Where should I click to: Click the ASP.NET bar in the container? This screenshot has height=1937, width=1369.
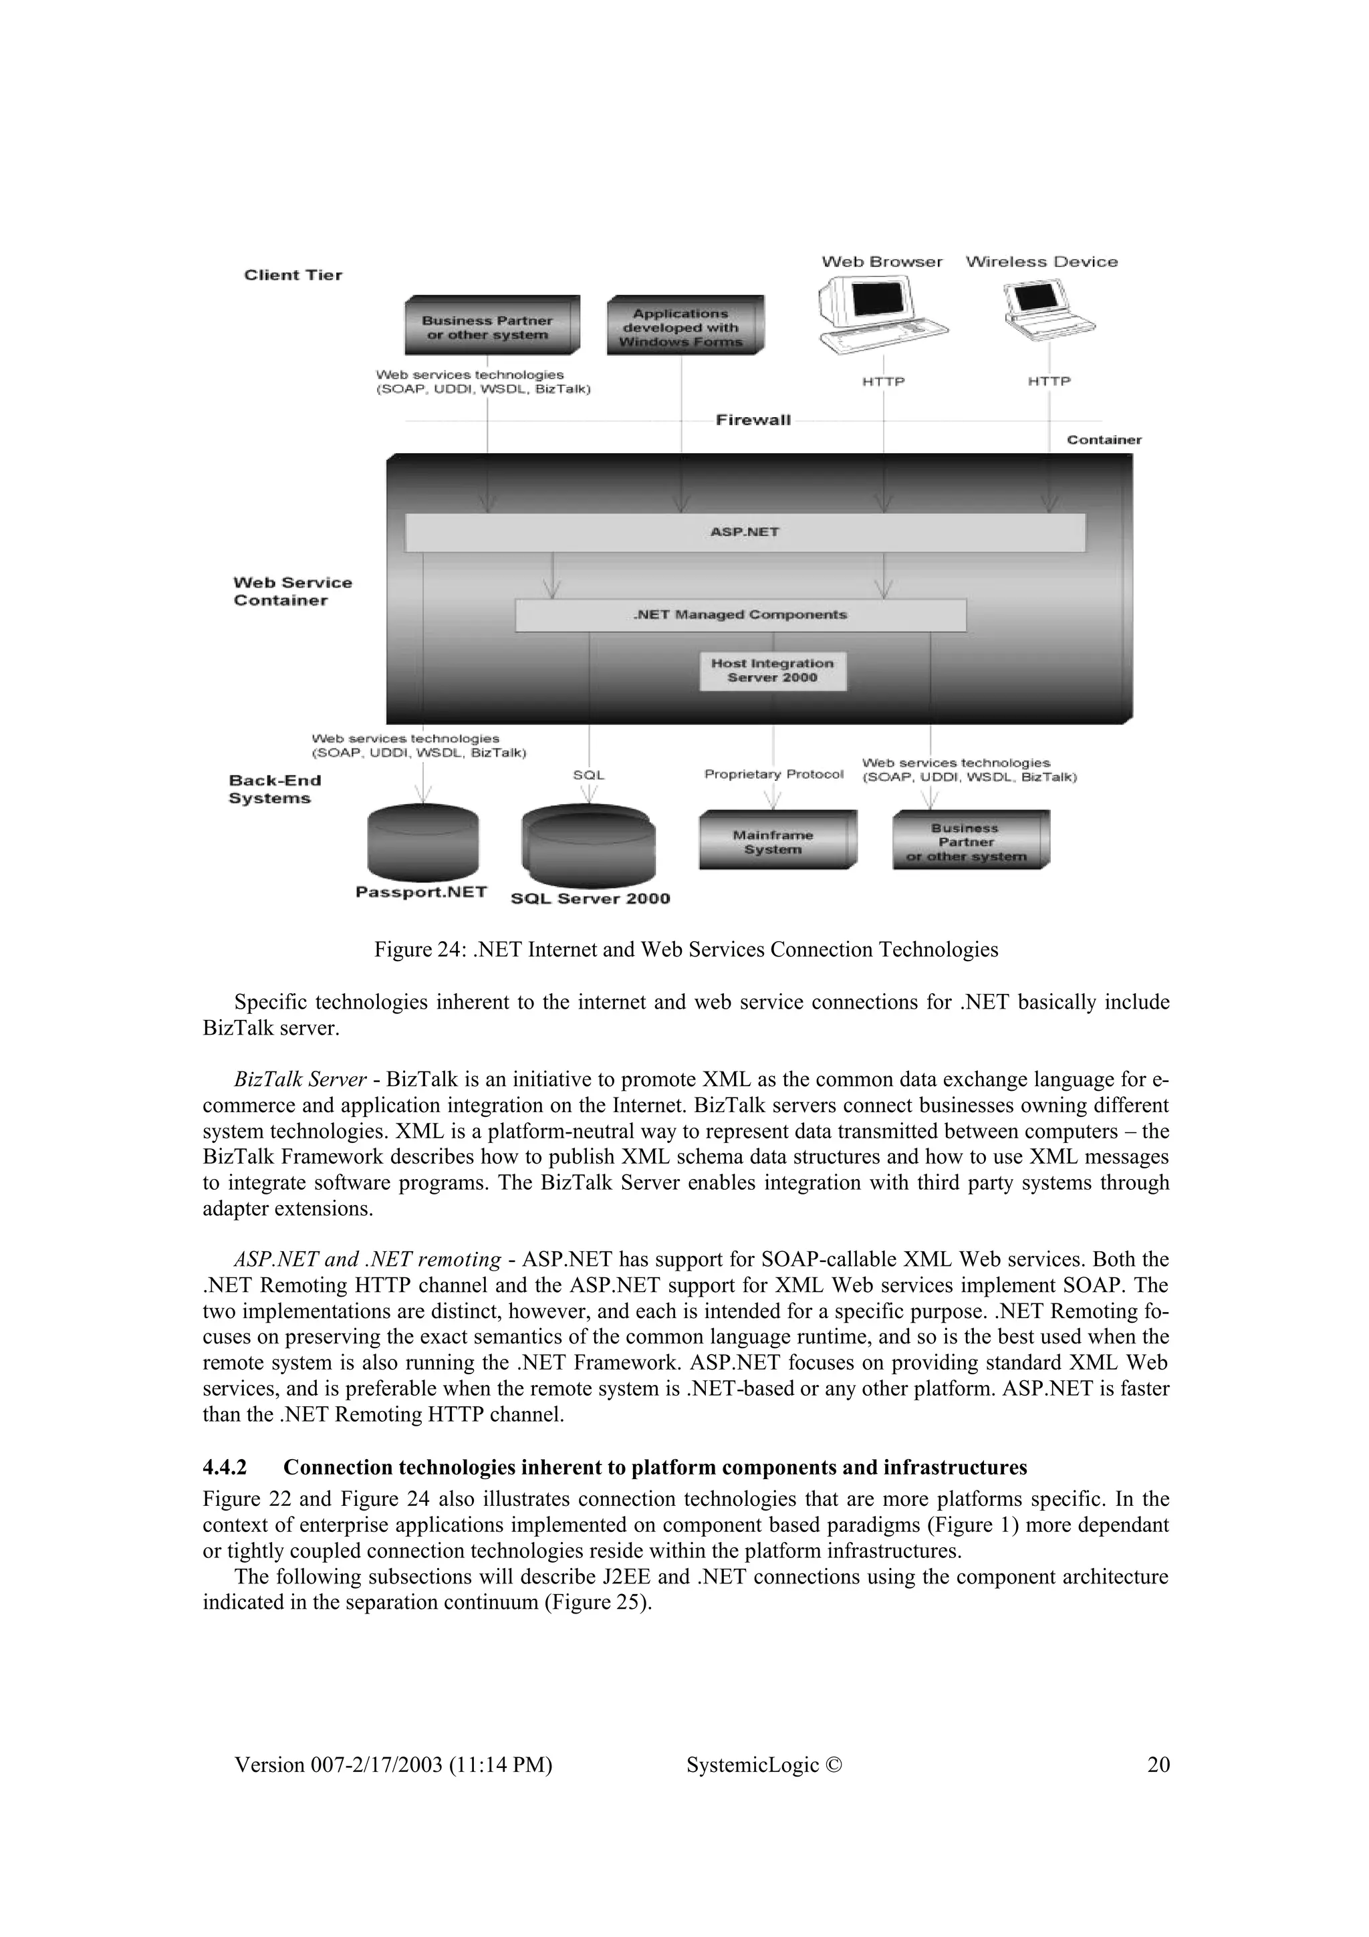coord(745,532)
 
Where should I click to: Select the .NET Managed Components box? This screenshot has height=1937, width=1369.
coord(740,615)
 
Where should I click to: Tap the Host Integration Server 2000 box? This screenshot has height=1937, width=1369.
coord(772,670)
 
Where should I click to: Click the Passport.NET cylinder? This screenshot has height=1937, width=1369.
coord(422,844)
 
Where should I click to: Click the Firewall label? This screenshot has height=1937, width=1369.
coord(753,420)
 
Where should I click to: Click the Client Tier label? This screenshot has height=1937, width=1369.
coord(293,275)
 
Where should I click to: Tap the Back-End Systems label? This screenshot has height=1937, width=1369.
coord(274,789)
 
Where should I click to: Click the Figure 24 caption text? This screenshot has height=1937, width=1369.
coord(686,950)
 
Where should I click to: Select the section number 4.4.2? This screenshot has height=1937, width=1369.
coord(225,1467)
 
